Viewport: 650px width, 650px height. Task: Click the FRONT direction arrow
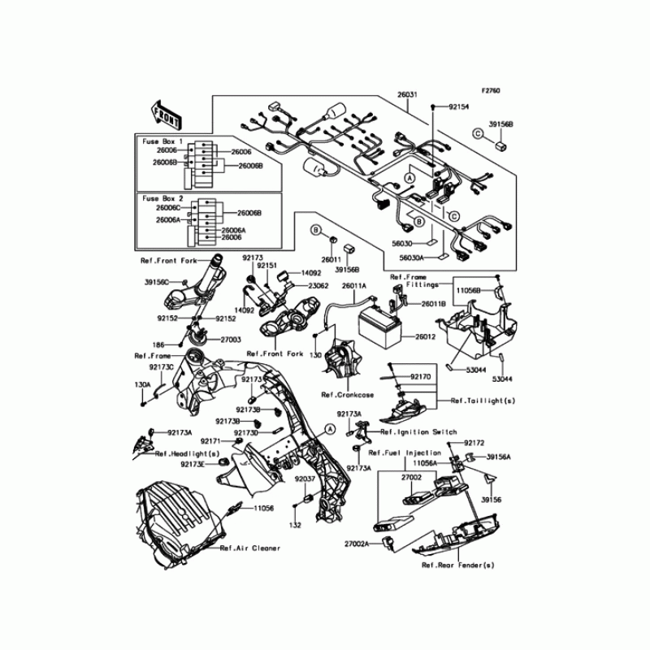[x=166, y=116]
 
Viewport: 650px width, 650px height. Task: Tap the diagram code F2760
[x=492, y=90]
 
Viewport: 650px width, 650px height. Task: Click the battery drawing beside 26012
[x=387, y=330]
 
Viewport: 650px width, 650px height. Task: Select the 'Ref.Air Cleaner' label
[x=250, y=548]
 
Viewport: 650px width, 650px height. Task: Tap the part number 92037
[x=304, y=479]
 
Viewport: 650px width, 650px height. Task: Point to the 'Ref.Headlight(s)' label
[x=188, y=453]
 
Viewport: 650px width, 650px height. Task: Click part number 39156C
[x=158, y=282]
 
